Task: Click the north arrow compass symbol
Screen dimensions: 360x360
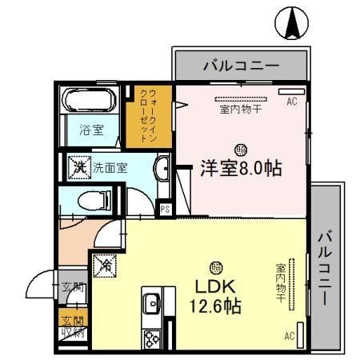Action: (x=292, y=23)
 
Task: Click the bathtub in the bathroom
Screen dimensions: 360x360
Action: (x=90, y=102)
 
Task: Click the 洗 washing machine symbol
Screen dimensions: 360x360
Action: (x=79, y=167)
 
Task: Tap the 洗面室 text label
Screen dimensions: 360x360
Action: (x=108, y=168)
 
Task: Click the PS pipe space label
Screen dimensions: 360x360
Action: (x=166, y=210)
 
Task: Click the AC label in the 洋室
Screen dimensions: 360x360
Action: (x=291, y=102)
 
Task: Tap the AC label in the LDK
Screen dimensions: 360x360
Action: (x=290, y=336)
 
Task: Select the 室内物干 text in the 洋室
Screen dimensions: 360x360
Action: (x=240, y=110)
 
